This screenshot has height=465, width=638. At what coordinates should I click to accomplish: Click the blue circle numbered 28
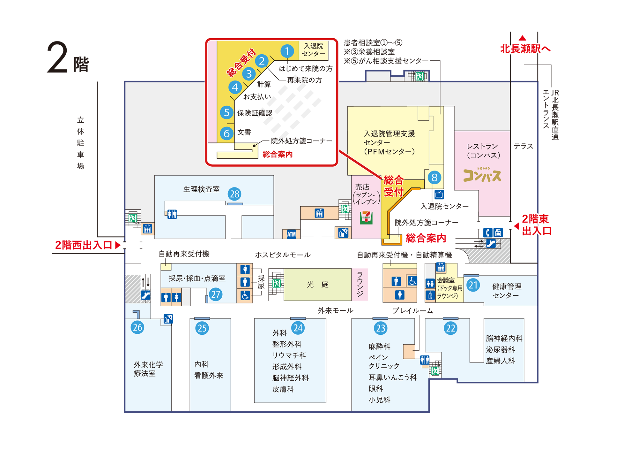234,194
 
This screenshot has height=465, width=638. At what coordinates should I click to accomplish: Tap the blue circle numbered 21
473,285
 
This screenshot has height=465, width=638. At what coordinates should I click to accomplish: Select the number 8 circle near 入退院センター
434,177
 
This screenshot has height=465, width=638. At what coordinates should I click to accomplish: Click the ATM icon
291,234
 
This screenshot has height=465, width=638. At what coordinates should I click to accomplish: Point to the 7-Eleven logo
366,217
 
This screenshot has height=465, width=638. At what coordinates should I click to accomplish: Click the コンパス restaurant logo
482,174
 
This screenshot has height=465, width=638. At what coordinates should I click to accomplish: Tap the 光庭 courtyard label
317,284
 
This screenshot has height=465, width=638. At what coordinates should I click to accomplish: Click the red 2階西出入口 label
84,245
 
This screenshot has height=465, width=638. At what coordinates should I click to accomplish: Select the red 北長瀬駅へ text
525,49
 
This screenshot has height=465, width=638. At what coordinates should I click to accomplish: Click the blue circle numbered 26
137,327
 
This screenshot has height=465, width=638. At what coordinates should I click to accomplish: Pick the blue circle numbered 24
298,328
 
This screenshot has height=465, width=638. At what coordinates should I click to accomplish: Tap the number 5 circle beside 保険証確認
226,112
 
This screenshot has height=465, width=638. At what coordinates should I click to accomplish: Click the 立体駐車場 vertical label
80,143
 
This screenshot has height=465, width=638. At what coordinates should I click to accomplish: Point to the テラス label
523,146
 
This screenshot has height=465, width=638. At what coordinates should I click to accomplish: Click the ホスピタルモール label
283,255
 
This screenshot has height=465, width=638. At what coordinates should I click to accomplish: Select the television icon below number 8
439,194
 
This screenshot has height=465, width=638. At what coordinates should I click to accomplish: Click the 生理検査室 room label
201,189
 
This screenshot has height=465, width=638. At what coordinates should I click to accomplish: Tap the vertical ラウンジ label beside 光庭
360,284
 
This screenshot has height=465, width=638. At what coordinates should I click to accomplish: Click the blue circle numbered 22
450,328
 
